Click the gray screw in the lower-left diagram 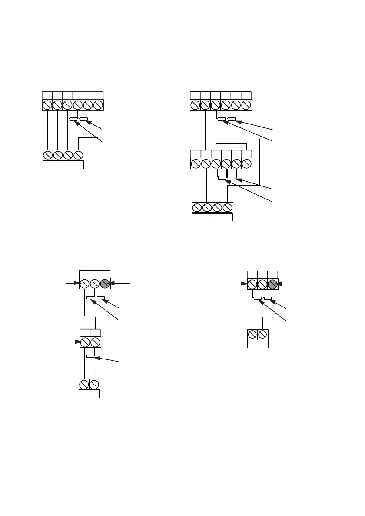(106, 284)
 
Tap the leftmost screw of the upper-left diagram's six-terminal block (47, 105)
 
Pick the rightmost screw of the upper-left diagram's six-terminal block (98, 105)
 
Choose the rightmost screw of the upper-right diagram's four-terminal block (228, 208)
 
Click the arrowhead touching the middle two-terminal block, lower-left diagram (79, 342)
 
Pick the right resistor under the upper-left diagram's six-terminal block (84, 118)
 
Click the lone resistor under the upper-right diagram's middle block (222, 177)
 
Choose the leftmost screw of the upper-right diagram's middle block (196, 163)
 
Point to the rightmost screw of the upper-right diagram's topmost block (246, 105)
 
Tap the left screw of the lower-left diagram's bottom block (84, 384)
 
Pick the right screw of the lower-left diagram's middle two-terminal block (95, 342)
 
